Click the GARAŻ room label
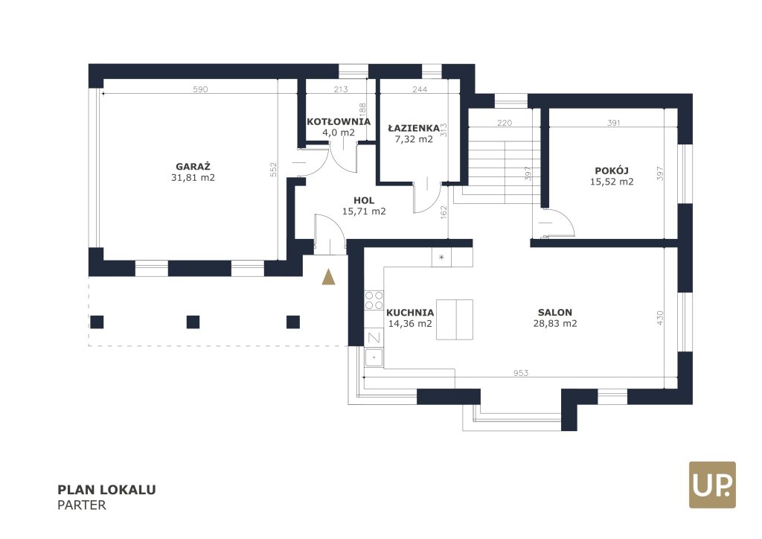coord(193,166)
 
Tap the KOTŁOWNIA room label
coord(339,121)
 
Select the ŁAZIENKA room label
coord(414,128)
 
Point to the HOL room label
coord(364,200)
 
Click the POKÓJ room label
coord(612,170)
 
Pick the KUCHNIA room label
coord(410,313)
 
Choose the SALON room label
coord(555,313)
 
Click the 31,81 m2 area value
coord(193,177)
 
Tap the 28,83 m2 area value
coord(555,323)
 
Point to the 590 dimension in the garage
coord(200,89)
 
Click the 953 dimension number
coord(520,373)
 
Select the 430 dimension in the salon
coord(659,318)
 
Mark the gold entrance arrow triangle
coord(328,277)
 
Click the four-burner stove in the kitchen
coord(374,300)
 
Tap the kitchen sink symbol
coord(374,357)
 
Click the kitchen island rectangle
coord(455,319)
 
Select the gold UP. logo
coord(712,485)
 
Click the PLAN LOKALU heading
coord(107,489)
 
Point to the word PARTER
coord(82,505)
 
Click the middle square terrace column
coord(193,322)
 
